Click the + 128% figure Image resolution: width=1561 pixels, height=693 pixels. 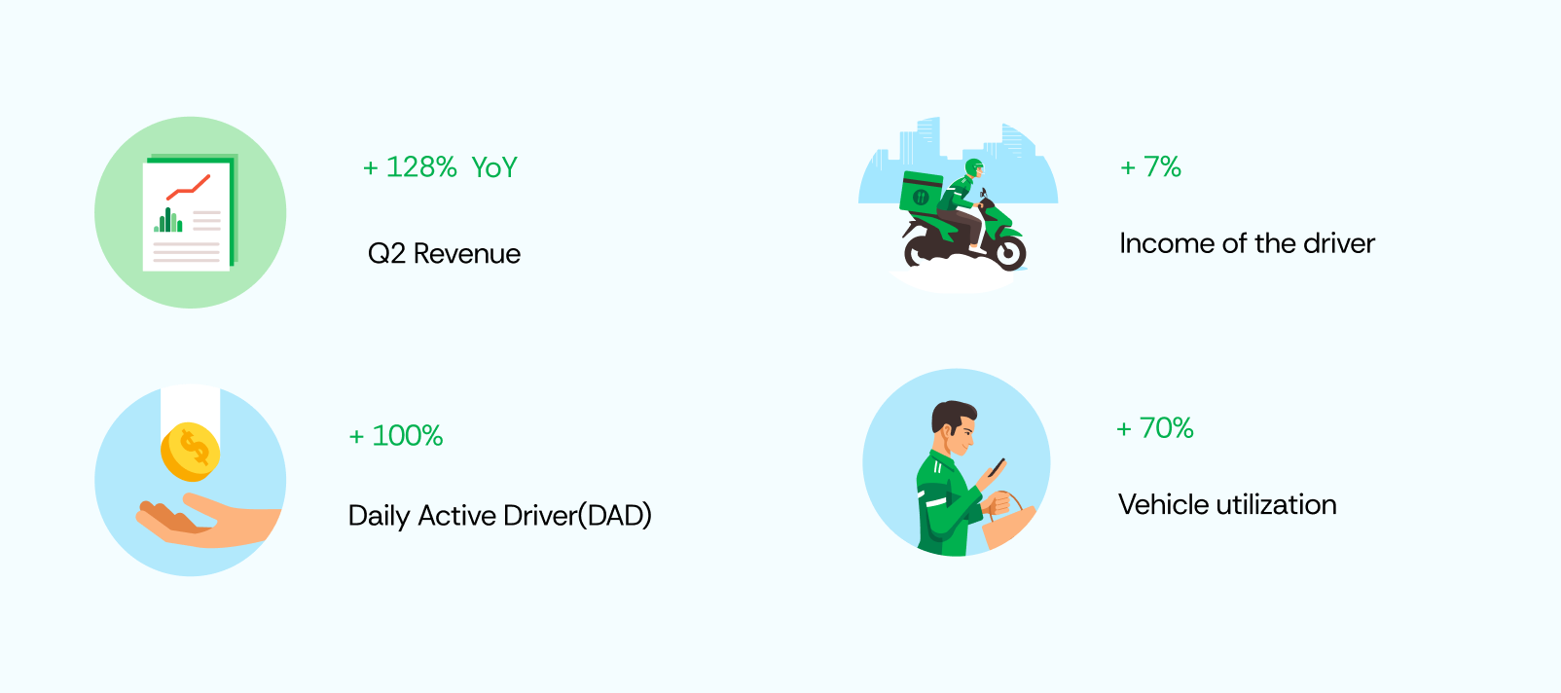coord(410,167)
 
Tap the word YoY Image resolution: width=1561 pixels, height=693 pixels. coord(494,167)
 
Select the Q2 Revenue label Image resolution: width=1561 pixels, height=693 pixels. coord(444,254)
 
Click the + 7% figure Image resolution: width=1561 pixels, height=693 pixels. coord(1150,166)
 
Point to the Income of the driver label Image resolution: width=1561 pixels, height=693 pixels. coord(1247,243)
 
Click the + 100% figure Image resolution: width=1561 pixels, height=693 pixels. coord(395,436)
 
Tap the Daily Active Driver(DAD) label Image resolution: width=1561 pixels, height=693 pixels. coord(499,515)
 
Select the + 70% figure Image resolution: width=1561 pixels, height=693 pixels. coord(1155,428)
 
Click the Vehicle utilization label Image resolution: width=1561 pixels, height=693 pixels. coord(1227,504)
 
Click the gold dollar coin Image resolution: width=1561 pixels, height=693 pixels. coord(190,452)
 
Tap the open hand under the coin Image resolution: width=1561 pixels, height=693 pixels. coord(207,521)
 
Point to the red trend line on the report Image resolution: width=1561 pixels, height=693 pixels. coord(188,187)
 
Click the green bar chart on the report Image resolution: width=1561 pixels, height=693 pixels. coord(168,220)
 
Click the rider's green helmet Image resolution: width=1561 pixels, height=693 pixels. coord(973,168)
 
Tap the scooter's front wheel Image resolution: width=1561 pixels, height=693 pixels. coord(1008,252)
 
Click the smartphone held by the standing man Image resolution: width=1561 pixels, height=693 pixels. coord(997,467)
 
